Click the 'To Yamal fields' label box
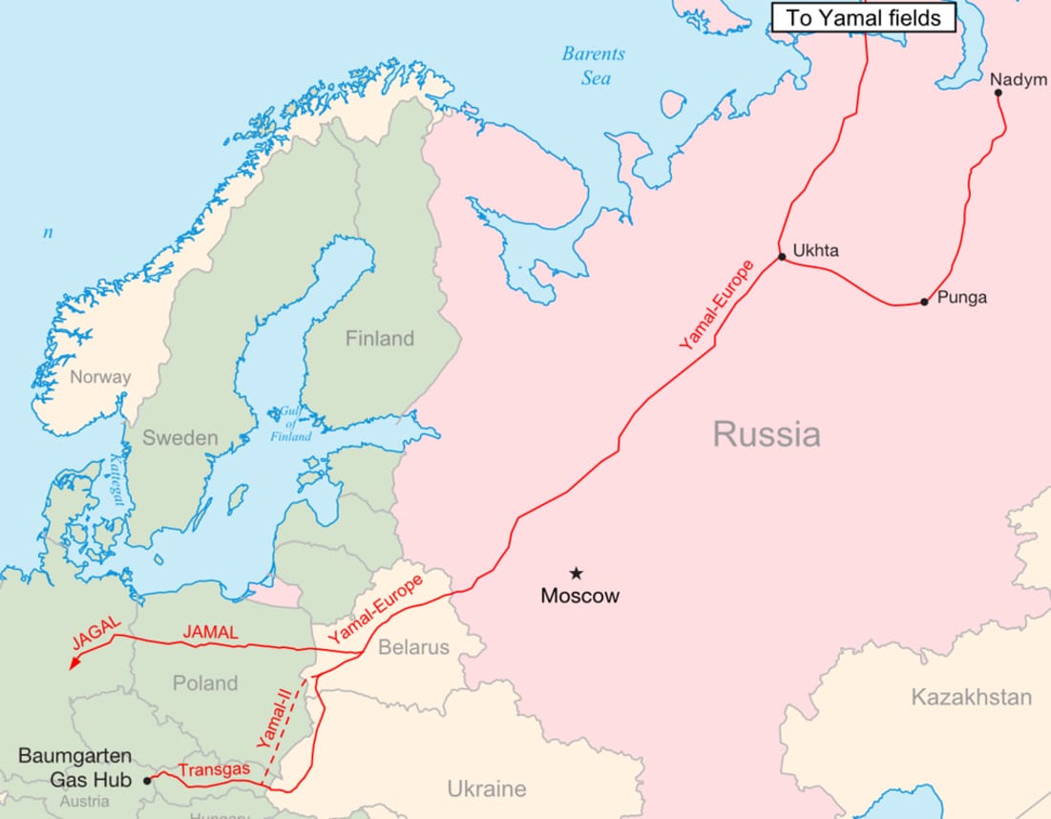[863, 17]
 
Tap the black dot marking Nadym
[998, 93]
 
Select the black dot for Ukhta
[782, 256]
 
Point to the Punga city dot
[924, 302]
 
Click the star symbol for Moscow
[577, 573]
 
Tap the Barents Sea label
[593, 66]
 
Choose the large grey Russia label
[767, 435]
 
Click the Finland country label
[380, 339]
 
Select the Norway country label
[100, 376]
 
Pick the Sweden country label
[180, 438]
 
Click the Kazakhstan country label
[971, 697]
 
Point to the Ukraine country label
[487, 788]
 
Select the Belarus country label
[413, 647]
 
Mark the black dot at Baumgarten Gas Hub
[148, 780]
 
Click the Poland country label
[205, 682]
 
